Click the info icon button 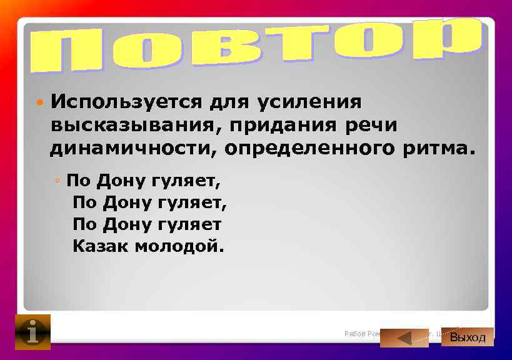pyautogui.click(x=33, y=331)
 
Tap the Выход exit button pyautogui.click(x=468, y=337)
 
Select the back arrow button pyautogui.click(x=404, y=337)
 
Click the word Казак pyautogui.click(x=100, y=246)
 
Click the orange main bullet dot pyautogui.click(x=39, y=101)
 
